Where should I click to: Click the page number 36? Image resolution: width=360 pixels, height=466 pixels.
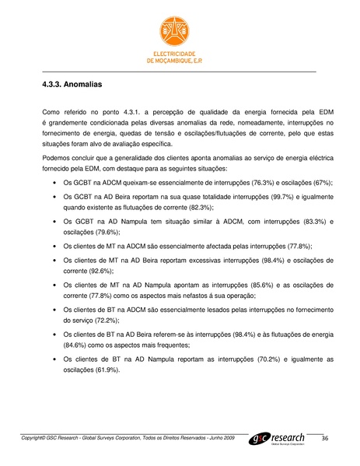pos(326,440)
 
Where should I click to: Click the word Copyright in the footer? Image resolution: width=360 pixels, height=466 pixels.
pos(33,440)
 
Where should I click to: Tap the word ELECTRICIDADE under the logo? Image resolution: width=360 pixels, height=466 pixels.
pos(180,54)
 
